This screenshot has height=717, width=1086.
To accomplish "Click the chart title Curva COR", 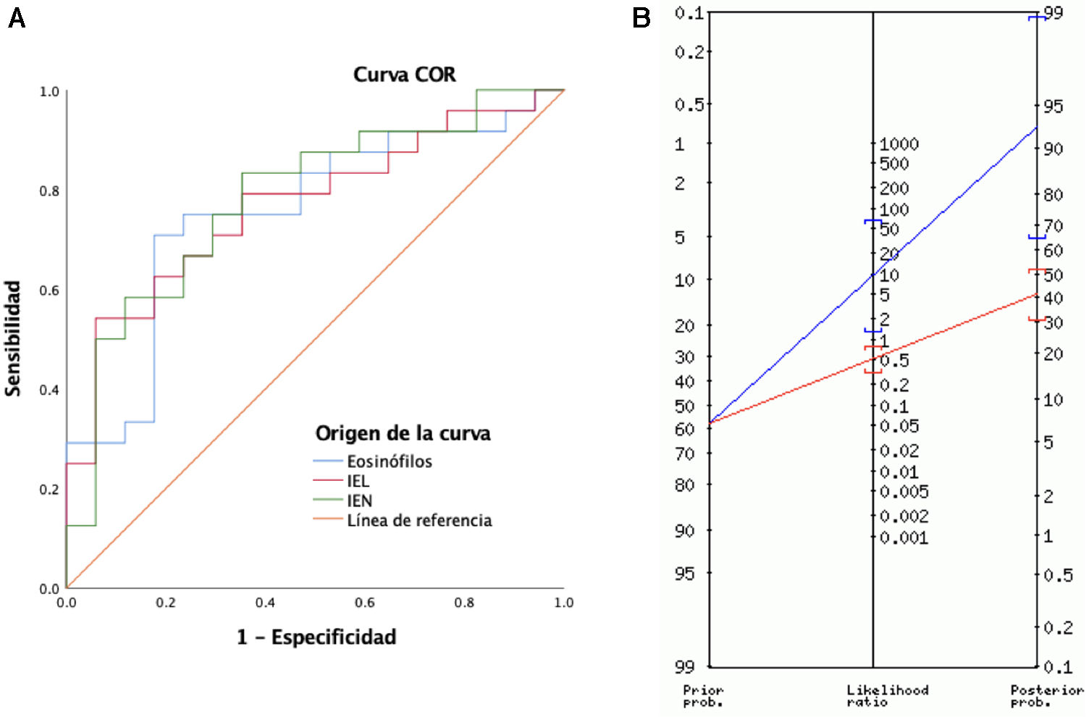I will pos(404,75).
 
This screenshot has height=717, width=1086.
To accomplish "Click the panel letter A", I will pos(17,18).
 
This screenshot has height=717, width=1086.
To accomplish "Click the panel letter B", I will pos(641,18).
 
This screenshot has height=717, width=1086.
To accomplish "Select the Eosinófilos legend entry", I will pos(389,461).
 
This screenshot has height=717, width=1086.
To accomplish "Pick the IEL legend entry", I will pos(358,481).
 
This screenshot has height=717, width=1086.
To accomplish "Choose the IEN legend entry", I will pos(359,500).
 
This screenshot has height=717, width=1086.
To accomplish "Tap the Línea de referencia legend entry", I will pos(418,520).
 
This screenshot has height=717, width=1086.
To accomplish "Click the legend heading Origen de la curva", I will pos(403,433).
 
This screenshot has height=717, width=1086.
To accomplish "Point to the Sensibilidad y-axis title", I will pos(13,338).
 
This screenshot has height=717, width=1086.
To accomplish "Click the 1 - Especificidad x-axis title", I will pos(316,637).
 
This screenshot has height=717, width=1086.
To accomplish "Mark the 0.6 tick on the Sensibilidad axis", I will pos(49,290).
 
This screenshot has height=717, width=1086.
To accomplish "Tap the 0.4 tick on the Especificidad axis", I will pos(265,603).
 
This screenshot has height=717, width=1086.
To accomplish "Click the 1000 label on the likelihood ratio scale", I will pos(899,144).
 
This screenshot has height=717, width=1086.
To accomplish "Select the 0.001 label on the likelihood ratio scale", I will pos(904,537).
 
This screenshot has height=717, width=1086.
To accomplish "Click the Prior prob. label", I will pos(703,696).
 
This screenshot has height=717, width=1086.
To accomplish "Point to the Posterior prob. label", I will pos(1046,696).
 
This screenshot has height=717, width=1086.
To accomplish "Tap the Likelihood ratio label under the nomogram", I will pos(887,696).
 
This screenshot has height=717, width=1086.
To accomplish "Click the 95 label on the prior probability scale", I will pos(684,574).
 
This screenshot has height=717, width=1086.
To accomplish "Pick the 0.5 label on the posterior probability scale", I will pos(1058,575).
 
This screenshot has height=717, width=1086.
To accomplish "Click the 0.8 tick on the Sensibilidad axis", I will pos(49,191).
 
